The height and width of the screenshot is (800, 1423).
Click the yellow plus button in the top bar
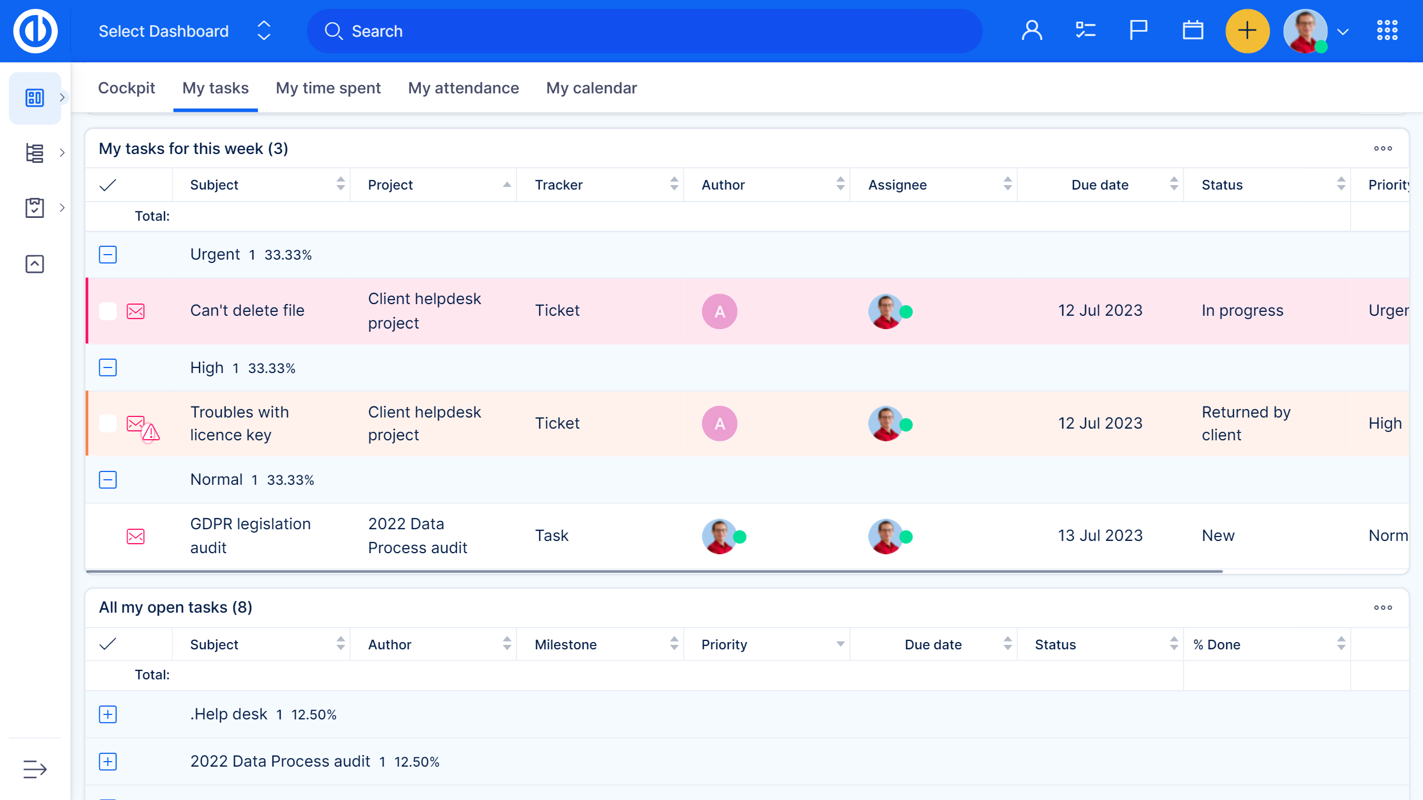(1247, 31)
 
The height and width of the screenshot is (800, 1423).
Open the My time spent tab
(328, 88)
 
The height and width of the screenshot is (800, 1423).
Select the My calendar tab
(591, 88)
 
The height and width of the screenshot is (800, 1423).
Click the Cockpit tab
(126, 88)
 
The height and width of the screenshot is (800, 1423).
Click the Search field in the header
(645, 31)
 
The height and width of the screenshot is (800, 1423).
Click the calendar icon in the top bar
(1192, 31)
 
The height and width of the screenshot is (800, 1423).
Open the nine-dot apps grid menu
(1387, 31)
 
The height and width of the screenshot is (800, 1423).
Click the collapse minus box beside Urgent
(108, 255)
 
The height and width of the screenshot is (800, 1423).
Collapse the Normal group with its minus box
(108, 480)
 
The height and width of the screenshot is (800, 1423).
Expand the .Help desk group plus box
(108, 714)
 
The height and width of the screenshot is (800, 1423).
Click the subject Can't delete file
(247, 310)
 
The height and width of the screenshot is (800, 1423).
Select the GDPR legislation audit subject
(250, 535)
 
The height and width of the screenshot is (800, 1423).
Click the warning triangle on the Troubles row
(151, 433)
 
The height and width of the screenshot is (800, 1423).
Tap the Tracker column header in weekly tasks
(559, 185)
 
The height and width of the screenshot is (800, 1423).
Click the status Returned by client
(1246, 423)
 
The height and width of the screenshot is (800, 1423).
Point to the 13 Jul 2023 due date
(1100, 535)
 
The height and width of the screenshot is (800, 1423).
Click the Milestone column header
(566, 644)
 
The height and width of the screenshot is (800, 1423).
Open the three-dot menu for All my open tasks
(1383, 608)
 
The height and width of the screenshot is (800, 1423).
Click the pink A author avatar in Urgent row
(719, 311)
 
